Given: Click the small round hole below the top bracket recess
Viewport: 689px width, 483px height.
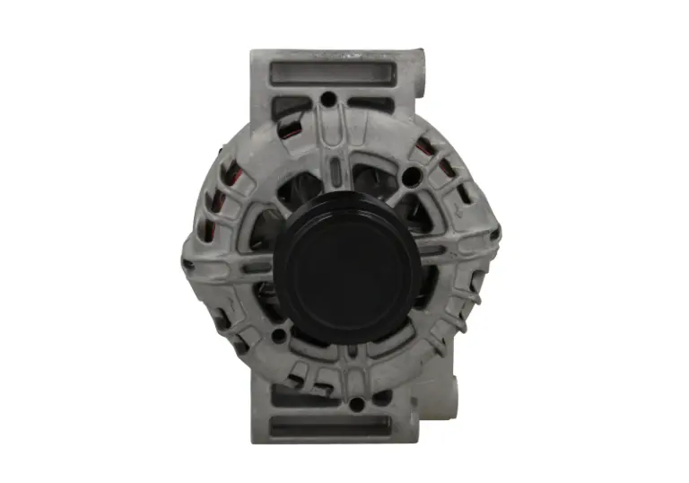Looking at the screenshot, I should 328,98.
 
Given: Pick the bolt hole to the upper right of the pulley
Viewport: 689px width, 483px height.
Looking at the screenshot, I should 412,176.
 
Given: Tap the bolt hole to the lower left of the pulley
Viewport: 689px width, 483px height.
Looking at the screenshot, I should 279,336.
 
